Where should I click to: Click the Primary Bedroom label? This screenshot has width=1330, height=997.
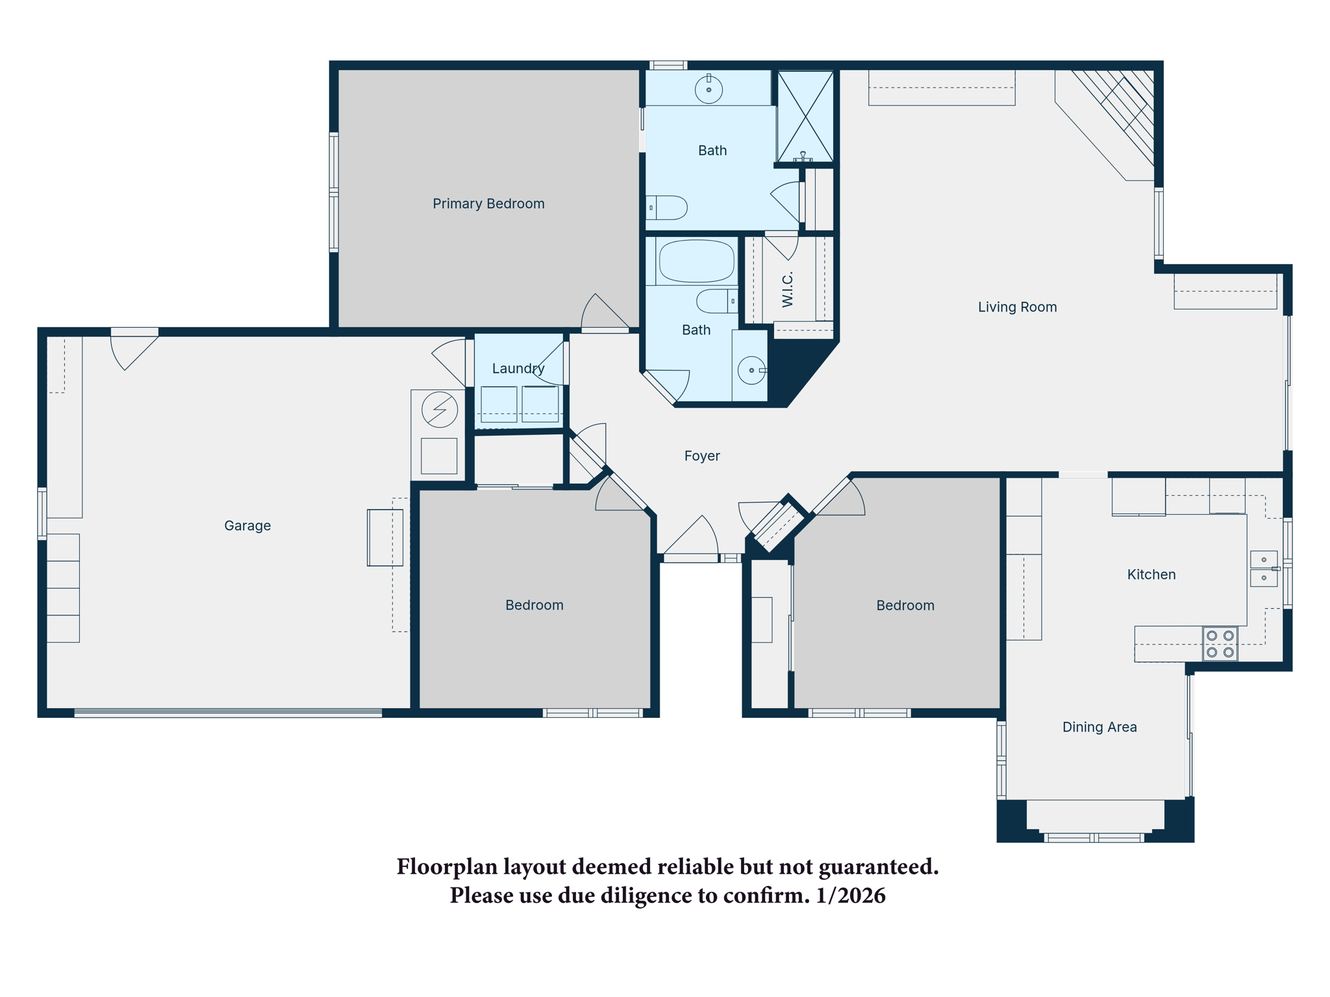click(x=488, y=204)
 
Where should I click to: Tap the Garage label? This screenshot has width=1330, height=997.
click(x=247, y=526)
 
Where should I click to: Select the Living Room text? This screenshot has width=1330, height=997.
click(x=1017, y=307)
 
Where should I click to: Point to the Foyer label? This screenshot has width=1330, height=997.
click(x=701, y=456)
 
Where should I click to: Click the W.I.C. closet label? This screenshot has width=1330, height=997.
click(x=788, y=289)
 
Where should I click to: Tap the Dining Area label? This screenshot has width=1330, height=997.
click(x=1099, y=727)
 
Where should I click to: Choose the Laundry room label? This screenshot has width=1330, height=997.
click(x=518, y=369)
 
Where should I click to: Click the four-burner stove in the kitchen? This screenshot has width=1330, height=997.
click(x=1220, y=644)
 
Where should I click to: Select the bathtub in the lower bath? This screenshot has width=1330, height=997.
click(x=696, y=262)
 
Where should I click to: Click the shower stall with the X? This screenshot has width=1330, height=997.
click(x=805, y=117)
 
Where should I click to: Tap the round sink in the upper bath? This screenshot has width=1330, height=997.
click(x=709, y=90)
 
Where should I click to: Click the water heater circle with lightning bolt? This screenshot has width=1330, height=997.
click(x=440, y=410)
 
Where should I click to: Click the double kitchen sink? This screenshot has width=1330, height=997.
click(x=1263, y=569)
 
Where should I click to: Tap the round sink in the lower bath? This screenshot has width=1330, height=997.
click(x=751, y=371)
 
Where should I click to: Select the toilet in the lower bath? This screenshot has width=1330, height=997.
click(x=717, y=301)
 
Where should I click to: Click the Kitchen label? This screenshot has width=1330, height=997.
click(x=1151, y=574)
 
